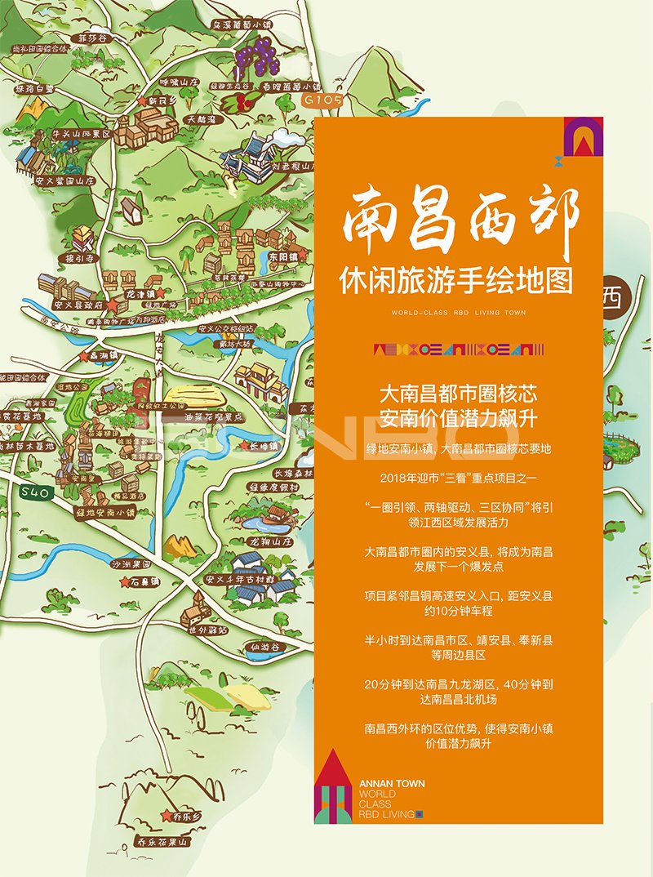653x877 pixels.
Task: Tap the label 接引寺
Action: [x=82, y=258]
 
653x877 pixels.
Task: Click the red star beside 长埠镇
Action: [x=243, y=446]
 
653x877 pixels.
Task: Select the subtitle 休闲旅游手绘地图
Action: [x=456, y=281]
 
